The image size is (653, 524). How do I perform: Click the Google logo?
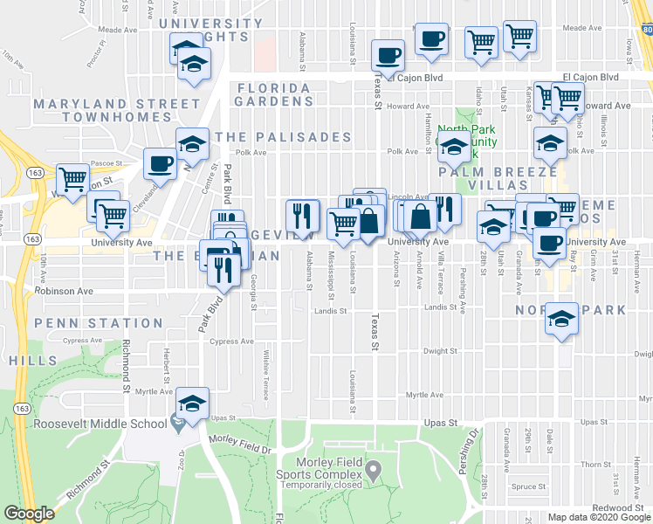pyautogui.click(x=31, y=514)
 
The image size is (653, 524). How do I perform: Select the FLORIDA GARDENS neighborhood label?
pyautogui.click(x=273, y=94)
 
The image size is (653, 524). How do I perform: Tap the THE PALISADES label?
pyautogui.click(x=284, y=137)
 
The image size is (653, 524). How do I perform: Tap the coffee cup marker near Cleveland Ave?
pyautogui.click(x=160, y=165)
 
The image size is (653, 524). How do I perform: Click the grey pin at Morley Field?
pyautogui.click(x=374, y=472)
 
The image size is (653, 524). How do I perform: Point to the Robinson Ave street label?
pyautogui.click(x=63, y=292)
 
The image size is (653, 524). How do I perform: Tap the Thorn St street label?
pyautogui.click(x=595, y=464)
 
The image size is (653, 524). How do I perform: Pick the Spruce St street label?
pyautogui.click(x=528, y=486)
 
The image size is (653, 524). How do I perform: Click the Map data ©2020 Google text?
pyautogui.click(x=599, y=517)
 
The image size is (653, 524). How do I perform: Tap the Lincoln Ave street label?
pyautogui.click(x=408, y=196)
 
